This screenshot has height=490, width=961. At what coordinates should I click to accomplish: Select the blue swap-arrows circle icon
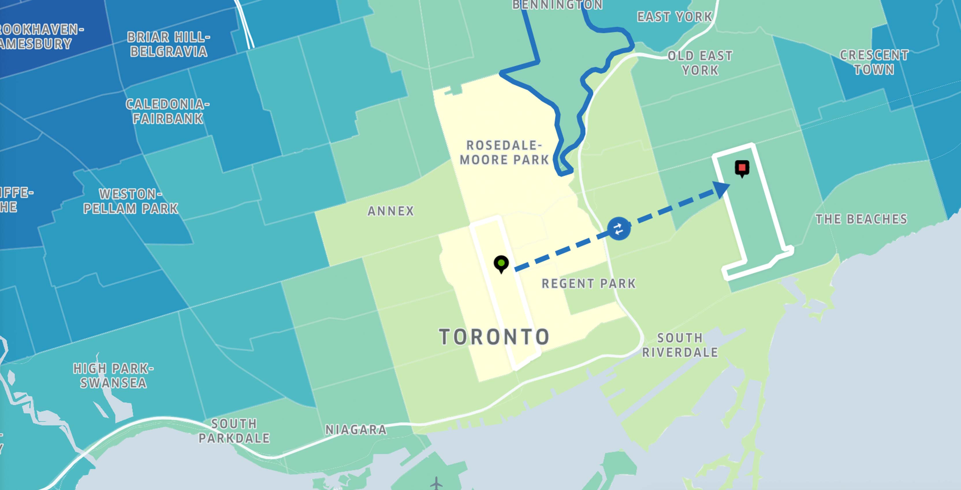619,229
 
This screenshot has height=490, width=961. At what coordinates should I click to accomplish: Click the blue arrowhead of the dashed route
721,189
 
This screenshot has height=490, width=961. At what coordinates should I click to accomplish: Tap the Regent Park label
588,284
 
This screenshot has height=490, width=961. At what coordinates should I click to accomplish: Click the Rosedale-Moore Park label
504,153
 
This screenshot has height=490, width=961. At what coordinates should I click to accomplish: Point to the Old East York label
700,63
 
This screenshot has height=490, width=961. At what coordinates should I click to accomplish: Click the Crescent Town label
874,62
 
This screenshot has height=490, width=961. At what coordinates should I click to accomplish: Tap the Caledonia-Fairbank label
167,111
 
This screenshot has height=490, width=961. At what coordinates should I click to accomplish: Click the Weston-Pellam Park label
131,201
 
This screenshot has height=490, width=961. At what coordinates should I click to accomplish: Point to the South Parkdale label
234,431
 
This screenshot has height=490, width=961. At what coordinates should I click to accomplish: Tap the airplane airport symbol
436,483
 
